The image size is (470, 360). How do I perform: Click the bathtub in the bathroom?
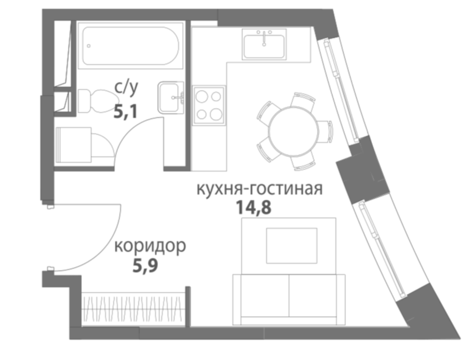(x=131, y=45)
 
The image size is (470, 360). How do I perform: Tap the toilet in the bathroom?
(x=98, y=101)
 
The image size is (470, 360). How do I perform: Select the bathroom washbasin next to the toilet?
(x=171, y=98)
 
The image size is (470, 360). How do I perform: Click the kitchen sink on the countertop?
(x=264, y=44)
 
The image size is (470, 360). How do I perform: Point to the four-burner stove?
(x=209, y=105)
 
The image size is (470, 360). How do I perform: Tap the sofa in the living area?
(x=289, y=299)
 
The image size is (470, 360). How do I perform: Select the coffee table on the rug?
(x=291, y=246)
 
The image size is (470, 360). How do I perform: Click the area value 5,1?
(x=125, y=112)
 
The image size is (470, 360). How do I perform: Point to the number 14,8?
(x=254, y=207)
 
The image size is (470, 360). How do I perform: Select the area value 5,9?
(x=145, y=266)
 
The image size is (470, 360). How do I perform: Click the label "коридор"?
(x=150, y=246)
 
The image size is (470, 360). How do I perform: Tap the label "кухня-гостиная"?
(x=260, y=189)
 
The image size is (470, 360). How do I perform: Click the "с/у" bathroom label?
(x=126, y=88)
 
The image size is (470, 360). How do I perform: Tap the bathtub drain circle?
(x=89, y=46)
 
